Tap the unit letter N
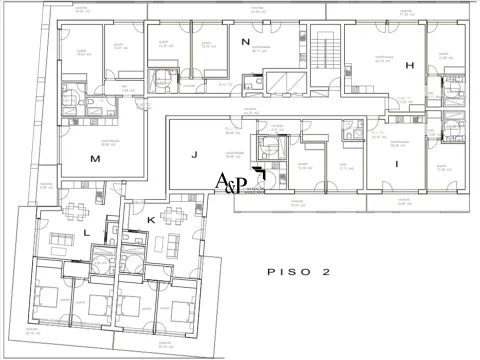(x=246, y=42)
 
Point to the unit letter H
(x=409, y=65)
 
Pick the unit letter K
(x=151, y=219)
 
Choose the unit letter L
(x=87, y=232)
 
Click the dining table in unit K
(x=173, y=213)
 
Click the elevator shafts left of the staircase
(x=279, y=82)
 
